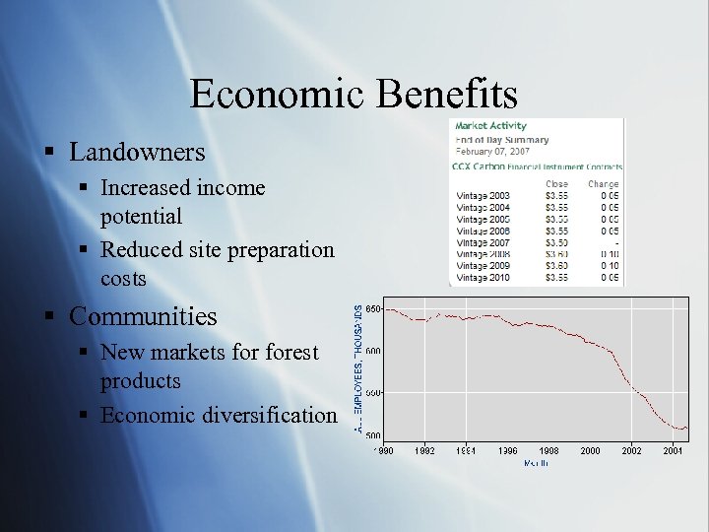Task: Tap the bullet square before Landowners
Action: (47, 153)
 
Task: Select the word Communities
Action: (144, 317)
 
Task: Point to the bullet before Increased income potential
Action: (87, 187)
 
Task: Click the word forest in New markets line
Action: (288, 352)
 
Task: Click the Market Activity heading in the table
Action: (490, 126)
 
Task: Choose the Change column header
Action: (603, 184)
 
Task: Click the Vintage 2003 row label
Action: (484, 196)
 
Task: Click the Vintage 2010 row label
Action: (484, 278)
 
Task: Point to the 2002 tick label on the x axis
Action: (631, 451)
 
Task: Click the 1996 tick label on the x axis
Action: (507, 451)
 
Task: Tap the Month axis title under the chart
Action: (536, 463)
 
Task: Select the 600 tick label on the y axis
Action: (373, 352)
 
